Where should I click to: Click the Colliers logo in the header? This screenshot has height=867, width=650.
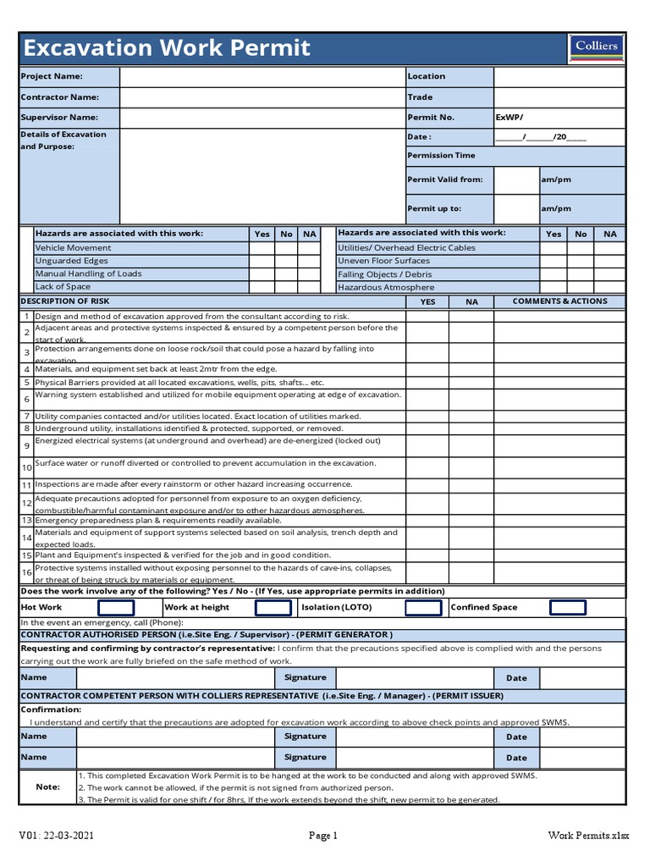click(597, 47)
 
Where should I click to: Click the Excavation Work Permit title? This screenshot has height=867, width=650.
click(167, 48)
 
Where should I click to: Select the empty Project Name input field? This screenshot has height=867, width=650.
click(262, 76)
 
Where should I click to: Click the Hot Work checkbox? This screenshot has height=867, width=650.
click(116, 607)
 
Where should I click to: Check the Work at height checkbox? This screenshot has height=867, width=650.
click(273, 607)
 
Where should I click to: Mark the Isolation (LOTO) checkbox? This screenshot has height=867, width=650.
click(423, 607)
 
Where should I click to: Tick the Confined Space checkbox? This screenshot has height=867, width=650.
click(568, 607)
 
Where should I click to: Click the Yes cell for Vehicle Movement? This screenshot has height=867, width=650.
click(262, 248)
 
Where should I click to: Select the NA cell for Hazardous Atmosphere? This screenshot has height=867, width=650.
click(609, 287)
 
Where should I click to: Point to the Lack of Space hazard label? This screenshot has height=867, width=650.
click(63, 287)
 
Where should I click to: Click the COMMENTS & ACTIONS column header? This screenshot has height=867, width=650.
click(559, 301)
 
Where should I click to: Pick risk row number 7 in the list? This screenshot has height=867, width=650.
click(27, 417)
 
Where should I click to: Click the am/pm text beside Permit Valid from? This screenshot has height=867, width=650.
click(556, 179)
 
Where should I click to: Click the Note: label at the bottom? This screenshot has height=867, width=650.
click(47, 787)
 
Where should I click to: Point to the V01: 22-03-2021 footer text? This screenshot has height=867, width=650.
click(57, 836)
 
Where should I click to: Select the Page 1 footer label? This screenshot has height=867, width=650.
click(322, 836)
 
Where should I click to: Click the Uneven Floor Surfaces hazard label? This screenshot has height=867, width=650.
click(383, 261)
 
